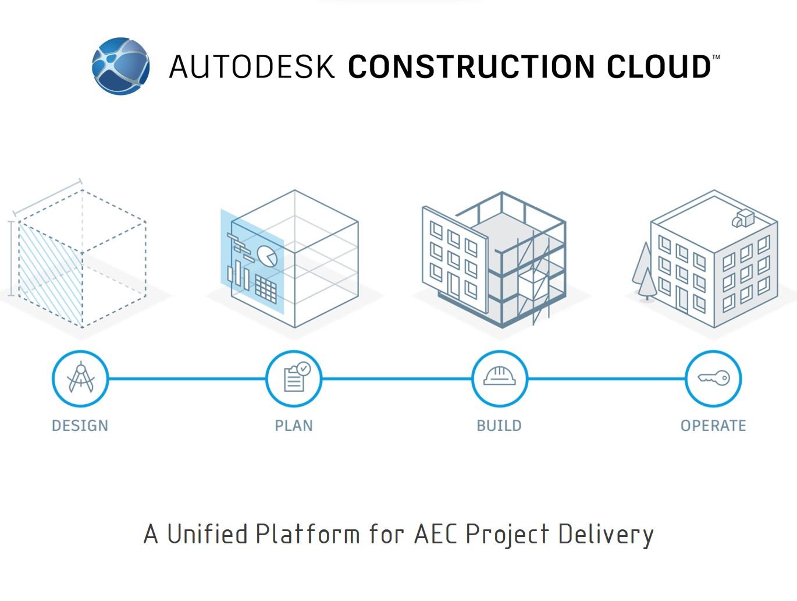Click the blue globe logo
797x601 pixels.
[x=121, y=66]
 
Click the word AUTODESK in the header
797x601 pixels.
[x=252, y=66]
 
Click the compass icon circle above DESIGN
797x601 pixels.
[x=80, y=379]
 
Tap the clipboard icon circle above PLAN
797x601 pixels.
[x=294, y=379]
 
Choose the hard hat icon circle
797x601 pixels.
[x=500, y=379]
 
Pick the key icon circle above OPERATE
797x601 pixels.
[x=713, y=379]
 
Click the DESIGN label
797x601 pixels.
[x=80, y=426]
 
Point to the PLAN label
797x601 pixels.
[x=294, y=426]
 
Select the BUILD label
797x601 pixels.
[x=499, y=426]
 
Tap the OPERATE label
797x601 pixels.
[x=713, y=426]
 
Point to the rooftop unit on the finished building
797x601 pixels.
[x=743, y=218]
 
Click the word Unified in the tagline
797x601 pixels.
[x=208, y=534]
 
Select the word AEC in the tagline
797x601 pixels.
[x=436, y=534]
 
